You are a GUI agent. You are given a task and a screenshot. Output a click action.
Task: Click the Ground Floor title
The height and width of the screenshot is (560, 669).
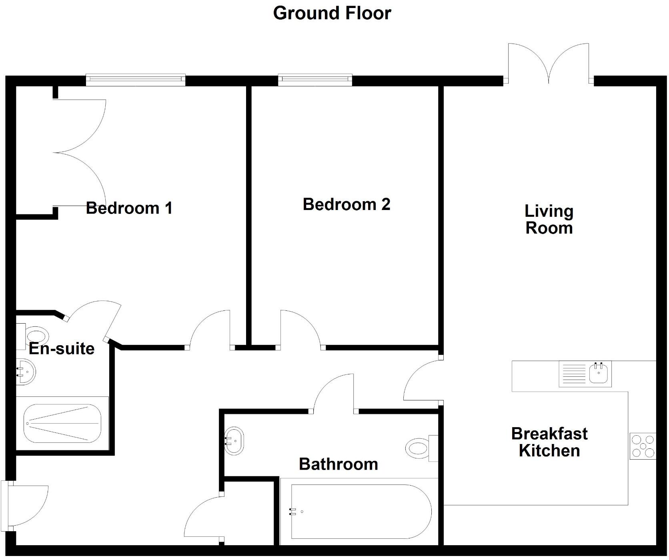click(x=332, y=13)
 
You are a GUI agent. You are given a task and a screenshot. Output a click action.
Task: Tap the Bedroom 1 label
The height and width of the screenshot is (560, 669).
click(x=129, y=208)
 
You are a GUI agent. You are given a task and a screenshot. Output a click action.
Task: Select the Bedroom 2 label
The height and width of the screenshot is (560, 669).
click(x=346, y=204)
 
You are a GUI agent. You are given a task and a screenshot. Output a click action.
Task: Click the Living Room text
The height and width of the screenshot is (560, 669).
click(x=549, y=220)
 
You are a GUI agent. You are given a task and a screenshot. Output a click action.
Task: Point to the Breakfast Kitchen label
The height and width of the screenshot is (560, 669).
click(x=549, y=442)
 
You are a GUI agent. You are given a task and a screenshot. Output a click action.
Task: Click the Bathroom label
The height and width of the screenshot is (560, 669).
click(x=338, y=464)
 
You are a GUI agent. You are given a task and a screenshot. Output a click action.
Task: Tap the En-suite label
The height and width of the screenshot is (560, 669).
click(x=62, y=349)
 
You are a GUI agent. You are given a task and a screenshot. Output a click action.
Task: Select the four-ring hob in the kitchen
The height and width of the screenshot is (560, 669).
click(x=642, y=446)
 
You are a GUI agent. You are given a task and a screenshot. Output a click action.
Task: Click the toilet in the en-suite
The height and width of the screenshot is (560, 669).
click(x=35, y=336)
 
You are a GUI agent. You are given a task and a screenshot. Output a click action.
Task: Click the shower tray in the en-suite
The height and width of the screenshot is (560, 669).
click(x=62, y=423)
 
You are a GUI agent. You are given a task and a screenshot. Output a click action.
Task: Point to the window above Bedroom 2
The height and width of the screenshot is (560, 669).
click(x=315, y=80)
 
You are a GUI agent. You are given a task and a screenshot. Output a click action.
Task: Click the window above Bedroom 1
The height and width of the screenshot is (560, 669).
click(x=136, y=80)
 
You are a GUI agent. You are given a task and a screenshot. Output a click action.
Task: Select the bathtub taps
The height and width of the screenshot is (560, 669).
click(x=292, y=511)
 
